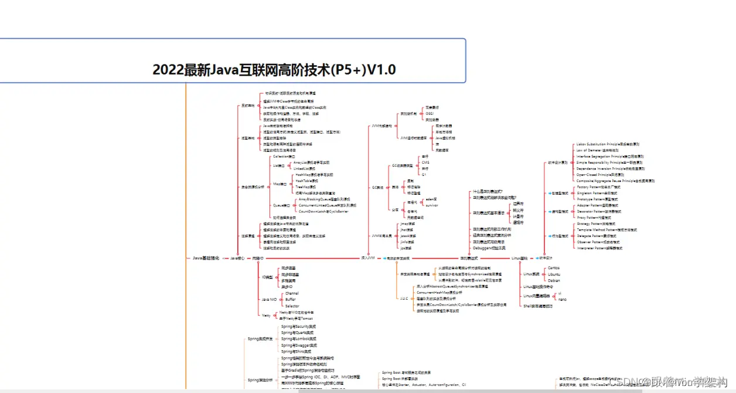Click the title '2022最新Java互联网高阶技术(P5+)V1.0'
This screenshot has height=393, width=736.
274,70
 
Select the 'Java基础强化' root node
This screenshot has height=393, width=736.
206,258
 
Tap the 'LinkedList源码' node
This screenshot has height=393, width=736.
304,168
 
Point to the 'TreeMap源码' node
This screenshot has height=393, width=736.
305,187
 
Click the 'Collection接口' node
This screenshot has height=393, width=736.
284,157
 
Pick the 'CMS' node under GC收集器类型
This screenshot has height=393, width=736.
425,162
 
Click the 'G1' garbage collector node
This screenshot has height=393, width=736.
424,174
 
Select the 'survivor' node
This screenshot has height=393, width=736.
431,206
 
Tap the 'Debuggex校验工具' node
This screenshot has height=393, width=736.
491,248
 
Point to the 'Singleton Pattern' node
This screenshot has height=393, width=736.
597,193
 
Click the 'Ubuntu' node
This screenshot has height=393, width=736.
554,274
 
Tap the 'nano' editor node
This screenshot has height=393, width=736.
562,299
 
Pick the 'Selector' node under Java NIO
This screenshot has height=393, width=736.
292,306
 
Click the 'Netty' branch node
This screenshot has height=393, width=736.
266,315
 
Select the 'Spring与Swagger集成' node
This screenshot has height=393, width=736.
298,345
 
